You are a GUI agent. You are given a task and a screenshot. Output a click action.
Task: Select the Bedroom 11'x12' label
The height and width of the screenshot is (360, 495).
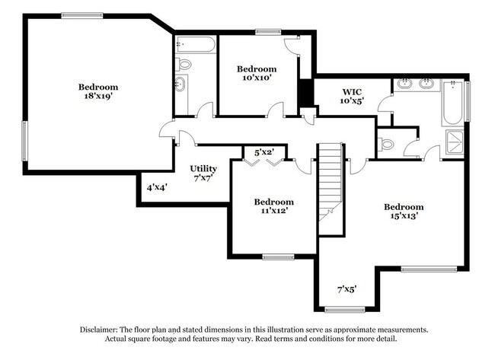[273, 207]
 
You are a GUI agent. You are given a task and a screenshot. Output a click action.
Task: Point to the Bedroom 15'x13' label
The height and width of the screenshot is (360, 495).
[403, 211]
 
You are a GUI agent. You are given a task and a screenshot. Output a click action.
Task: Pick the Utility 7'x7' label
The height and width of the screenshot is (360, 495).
[203, 173]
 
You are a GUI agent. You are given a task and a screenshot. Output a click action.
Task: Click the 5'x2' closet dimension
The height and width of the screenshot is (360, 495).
[263, 152]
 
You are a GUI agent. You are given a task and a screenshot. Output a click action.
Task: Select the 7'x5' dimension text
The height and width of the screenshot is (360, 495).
[346, 289]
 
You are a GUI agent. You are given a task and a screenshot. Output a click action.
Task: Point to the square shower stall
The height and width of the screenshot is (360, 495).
[455, 142]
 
